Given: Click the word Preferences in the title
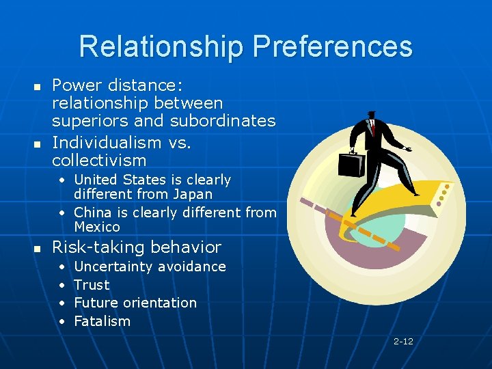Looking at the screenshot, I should tap(332, 47).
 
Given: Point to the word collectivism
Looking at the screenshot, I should tap(99, 161).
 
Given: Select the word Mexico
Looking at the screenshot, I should tap(96, 227).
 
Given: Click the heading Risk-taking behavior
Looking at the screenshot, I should tap(137, 247).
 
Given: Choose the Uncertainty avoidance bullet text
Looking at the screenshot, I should tap(150, 266).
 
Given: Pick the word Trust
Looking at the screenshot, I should tap(92, 285).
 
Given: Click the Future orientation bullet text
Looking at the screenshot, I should tap(135, 303).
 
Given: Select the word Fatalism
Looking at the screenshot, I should tap(102, 321).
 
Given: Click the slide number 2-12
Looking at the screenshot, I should tap(403, 341).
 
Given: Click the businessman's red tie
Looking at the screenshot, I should tap(374, 128).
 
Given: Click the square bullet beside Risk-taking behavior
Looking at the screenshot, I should tap(38, 248).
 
